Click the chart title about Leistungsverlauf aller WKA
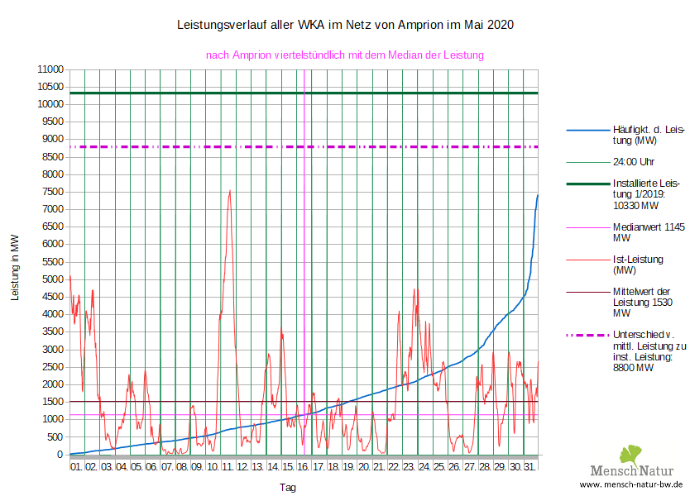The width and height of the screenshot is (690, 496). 345,25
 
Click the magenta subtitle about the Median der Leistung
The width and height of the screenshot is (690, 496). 344,55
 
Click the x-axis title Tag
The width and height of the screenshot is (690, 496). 287,488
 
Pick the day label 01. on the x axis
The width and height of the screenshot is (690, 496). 77,467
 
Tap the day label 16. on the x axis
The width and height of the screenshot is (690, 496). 304,467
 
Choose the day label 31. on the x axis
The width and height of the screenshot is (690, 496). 530,467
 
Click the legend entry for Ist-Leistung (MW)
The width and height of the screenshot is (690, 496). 638,265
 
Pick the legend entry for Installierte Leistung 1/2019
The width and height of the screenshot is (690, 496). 645,193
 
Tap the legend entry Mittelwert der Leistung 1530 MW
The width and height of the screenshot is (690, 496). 645,303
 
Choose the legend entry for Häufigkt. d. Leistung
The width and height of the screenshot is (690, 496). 648,135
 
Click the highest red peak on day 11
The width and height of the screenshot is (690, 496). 229,190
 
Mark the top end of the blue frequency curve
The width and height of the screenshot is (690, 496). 538,195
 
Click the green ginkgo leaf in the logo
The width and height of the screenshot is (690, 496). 630,454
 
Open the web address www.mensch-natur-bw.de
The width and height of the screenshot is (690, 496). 631,484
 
